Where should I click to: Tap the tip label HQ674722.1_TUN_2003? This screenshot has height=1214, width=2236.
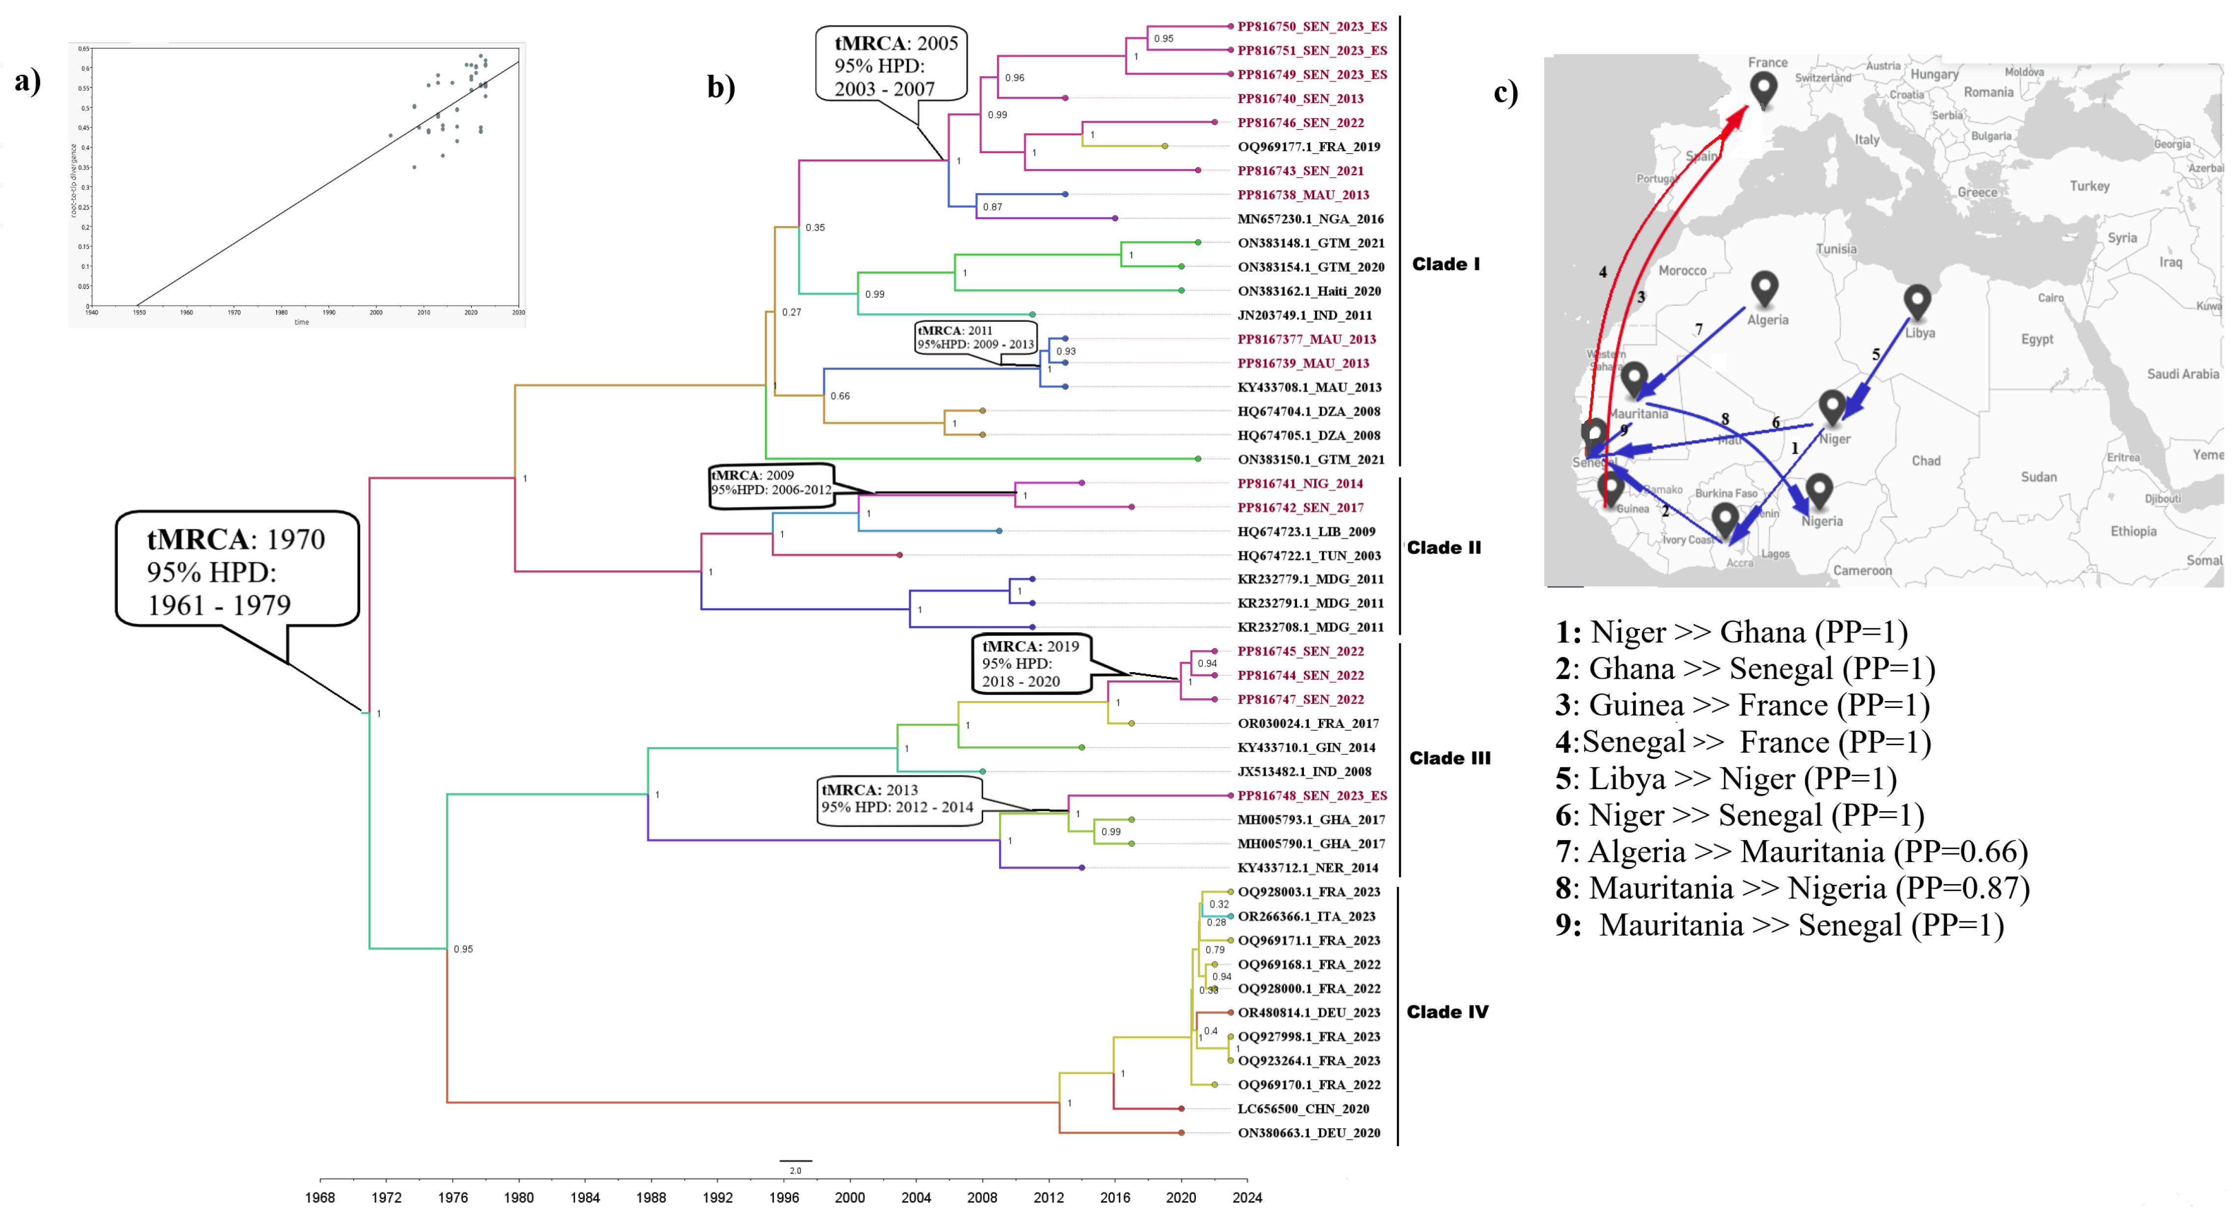click(1309, 555)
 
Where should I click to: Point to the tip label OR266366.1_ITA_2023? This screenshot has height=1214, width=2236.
click(1306, 916)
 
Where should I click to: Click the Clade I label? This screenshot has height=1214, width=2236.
click(1445, 264)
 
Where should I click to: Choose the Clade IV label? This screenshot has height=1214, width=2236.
click(1447, 1012)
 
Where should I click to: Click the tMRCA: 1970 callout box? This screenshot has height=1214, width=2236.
click(237, 570)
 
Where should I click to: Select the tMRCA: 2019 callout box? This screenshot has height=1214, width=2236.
click(1030, 664)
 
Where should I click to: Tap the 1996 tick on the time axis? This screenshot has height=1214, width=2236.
click(784, 1197)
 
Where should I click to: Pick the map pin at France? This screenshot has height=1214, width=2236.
click(1763, 87)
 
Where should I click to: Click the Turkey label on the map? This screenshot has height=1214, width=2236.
click(2089, 186)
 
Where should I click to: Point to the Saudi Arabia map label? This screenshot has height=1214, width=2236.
click(2182, 374)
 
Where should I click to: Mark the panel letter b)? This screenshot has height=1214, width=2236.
click(720, 87)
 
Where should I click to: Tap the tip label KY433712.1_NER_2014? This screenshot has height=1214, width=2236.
click(1307, 868)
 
